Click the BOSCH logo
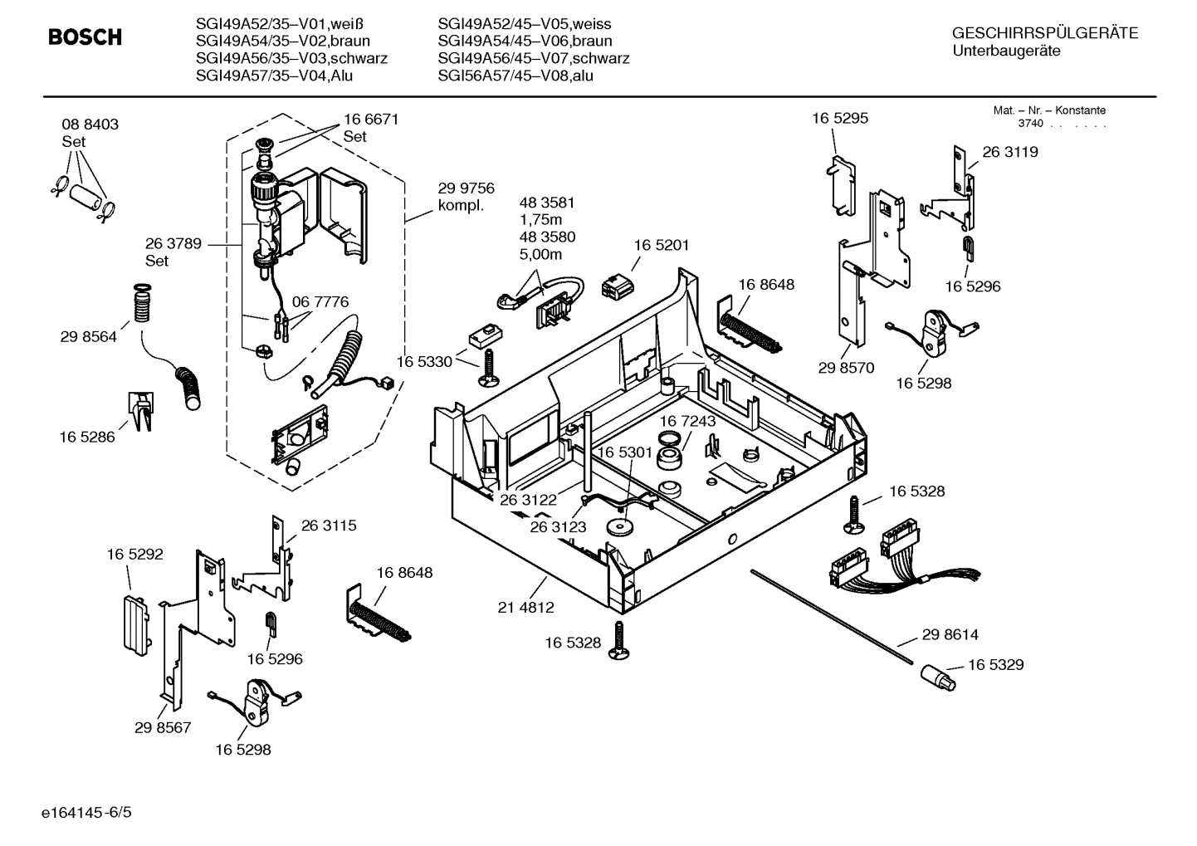85,37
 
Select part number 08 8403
90,125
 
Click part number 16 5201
661,246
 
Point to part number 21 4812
525,607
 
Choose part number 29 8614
950,634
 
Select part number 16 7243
687,422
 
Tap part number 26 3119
1009,152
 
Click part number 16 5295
839,118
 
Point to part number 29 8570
846,368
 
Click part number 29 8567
163,727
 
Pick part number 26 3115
328,526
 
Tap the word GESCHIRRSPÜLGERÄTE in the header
1044,33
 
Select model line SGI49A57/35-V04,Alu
280,76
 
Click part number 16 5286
86,437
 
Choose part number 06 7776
320,301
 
